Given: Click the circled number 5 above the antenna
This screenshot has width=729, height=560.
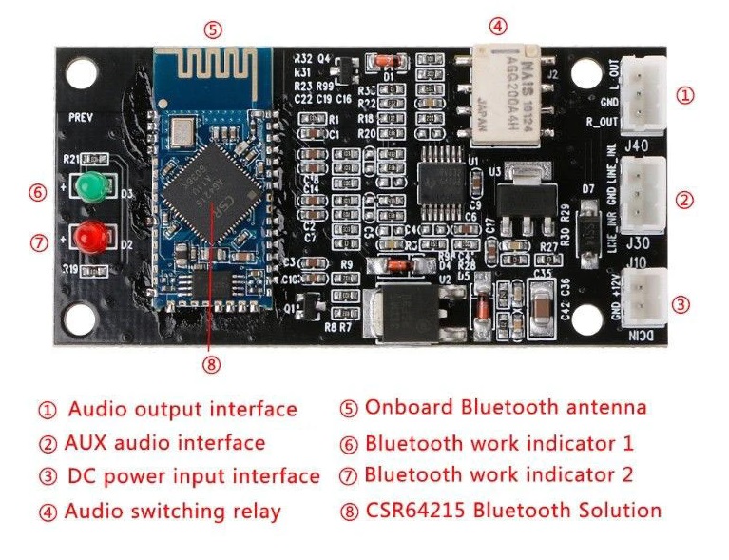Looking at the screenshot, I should [x=214, y=29].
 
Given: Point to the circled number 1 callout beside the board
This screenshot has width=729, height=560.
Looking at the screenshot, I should [x=684, y=95].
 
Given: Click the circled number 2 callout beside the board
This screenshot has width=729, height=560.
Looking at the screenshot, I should [x=684, y=200].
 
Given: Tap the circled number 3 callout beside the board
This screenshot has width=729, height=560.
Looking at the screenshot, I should [x=681, y=304].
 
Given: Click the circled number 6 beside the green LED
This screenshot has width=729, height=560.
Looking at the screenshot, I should [x=38, y=193].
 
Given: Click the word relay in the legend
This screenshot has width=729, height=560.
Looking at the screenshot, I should [x=256, y=512].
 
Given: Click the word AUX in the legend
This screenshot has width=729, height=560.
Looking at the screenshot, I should [x=86, y=443].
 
